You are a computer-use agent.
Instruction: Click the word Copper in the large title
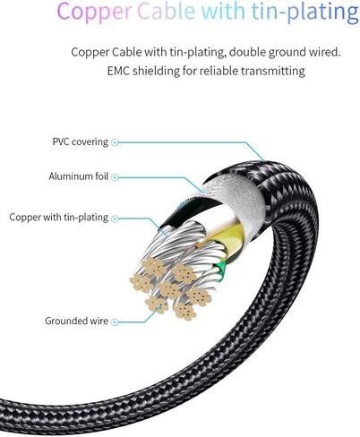pyautogui.click(x=94, y=12)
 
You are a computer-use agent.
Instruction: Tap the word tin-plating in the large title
pyautogui.click(x=304, y=12)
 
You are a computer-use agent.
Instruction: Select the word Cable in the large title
pyautogui.click(x=167, y=10)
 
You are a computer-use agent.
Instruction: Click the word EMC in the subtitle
pyautogui.click(x=118, y=71)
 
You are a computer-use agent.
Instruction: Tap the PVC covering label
pyautogui.click(x=81, y=141)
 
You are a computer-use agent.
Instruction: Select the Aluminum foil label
pyautogui.click(x=79, y=176)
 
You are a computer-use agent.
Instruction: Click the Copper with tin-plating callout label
pyautogui.click(x=59, y=218)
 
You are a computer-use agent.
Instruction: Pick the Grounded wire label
pyautogui.click(x=76, y=321)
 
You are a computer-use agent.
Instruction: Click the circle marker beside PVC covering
pyautogui.click(x=115, y=142)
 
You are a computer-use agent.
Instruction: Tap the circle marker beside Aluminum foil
pyautogui.click(x=115, y=177)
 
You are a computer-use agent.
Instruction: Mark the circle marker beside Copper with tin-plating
pyautogui.click(x=115, y=218)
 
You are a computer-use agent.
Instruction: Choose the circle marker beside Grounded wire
pyautogui.click(x=115, y=321)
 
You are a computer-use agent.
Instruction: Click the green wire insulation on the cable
pyautogui.click(x=220, y=268)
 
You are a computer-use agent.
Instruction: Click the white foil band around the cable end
pyautogui.click(x=236, y=195)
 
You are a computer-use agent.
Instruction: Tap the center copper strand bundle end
pyautogui.click(x=169, y=289)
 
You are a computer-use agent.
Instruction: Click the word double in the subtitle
pyautogui.click(x=247, y=52)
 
